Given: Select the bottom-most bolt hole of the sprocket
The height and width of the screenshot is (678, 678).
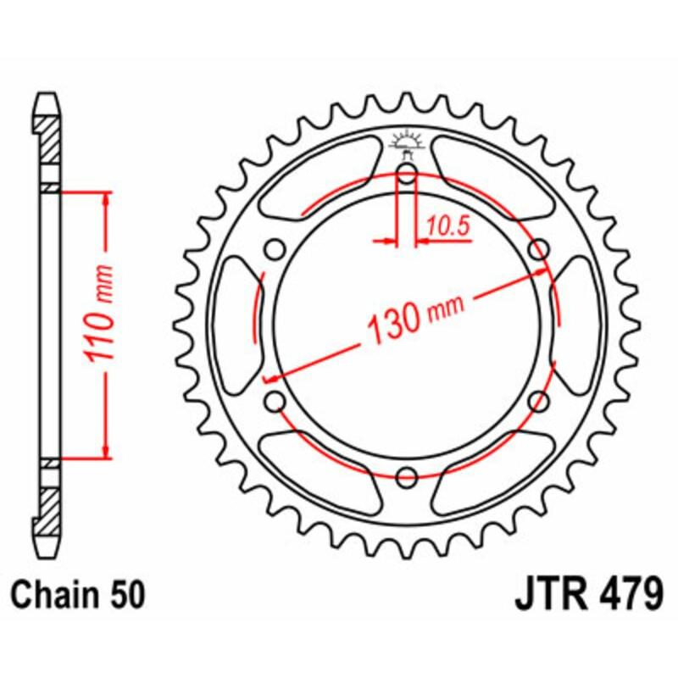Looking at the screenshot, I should pos(407,476).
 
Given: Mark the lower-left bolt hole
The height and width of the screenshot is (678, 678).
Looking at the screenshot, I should pos(275,402).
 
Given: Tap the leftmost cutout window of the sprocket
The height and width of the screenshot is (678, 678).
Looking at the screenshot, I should pos(236,325).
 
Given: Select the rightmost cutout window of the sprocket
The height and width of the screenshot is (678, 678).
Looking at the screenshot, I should pos(578,325).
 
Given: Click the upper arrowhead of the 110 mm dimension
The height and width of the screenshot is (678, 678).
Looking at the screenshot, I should pos(105,199).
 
